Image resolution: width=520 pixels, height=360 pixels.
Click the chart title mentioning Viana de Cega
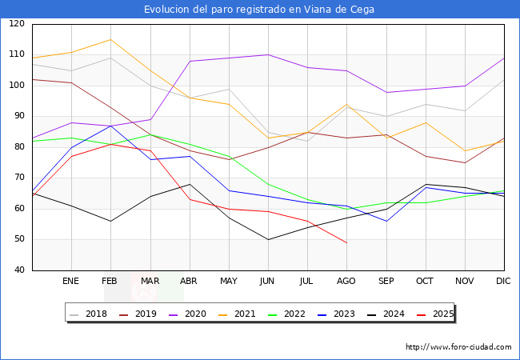259,10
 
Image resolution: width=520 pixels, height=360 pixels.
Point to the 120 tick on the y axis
17,24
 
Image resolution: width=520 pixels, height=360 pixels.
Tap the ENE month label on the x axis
71,282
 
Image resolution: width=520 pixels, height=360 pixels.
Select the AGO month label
346,282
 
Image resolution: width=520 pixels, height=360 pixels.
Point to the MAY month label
229,282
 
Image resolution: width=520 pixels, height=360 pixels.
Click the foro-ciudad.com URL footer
458,347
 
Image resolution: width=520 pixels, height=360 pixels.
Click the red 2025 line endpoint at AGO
346,242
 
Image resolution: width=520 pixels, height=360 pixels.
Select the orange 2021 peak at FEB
110,39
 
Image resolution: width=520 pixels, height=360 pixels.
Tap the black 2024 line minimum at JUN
268,239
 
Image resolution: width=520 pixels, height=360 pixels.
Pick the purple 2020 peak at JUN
268,55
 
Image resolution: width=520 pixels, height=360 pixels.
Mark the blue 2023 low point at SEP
386,221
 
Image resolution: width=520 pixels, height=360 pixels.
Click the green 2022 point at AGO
346,209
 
